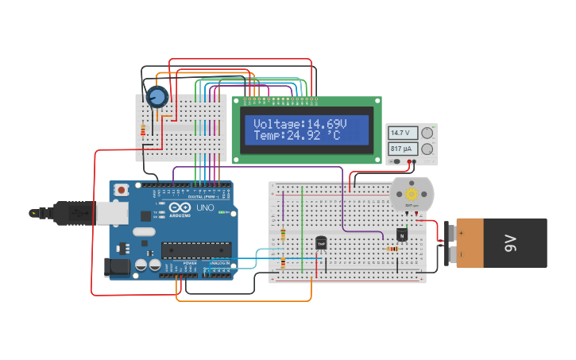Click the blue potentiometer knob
[x=157, y=97]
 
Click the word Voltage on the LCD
[x=279, y=125]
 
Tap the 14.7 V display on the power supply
[x=401, y=133]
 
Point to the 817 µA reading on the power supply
[x=401, y=149]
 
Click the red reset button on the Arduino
[x=122, y=190]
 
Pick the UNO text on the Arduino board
[x=205, y=208]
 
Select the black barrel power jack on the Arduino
[x=118, y=268]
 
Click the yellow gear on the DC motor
[x=412, y=194]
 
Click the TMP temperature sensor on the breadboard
[x=321, y=242]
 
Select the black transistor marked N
[x=402, y=234]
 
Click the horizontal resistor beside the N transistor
[x=392, y=249]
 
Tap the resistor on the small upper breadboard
[x=144, y=130]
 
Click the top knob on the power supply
[x=427, y=133]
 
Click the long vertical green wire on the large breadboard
[x=302, y=230]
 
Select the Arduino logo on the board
[x=180, y=208]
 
